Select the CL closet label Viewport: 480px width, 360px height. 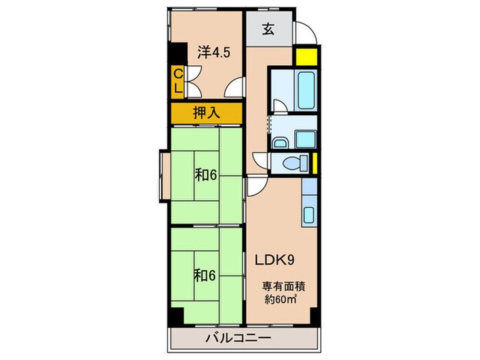(x=177, y=82)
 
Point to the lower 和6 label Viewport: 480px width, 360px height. (x=205, y=275)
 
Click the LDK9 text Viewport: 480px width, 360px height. (x=276, y=261)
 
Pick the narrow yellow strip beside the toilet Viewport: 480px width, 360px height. (x=314, y=163)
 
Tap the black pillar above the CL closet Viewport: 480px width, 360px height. (x=177, y=53)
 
